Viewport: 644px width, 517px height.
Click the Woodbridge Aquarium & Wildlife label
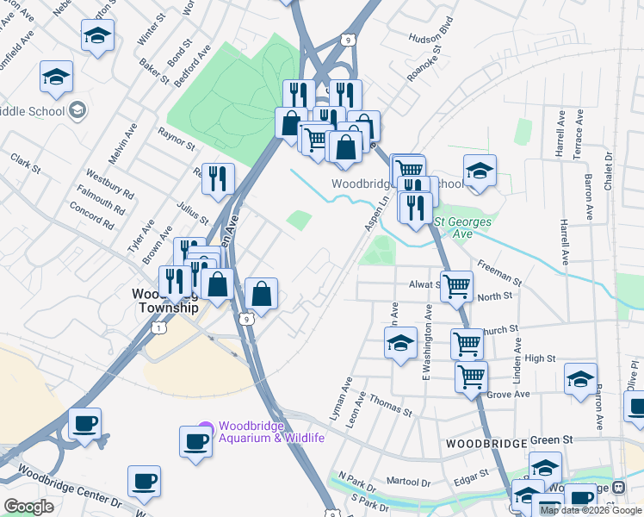click(271, 432)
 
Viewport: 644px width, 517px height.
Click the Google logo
click(28, 507)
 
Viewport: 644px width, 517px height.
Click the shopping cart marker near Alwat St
click(456, 285)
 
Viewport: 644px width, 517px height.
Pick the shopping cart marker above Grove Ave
click(471, 376)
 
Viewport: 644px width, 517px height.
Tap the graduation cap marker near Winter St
click(97, 36)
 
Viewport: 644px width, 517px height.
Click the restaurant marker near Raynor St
click(218, 178)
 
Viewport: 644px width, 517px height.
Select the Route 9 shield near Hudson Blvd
click(346, 40)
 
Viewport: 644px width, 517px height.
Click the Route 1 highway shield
click(158, 327)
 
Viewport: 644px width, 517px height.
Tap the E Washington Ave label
click(425, 340)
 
